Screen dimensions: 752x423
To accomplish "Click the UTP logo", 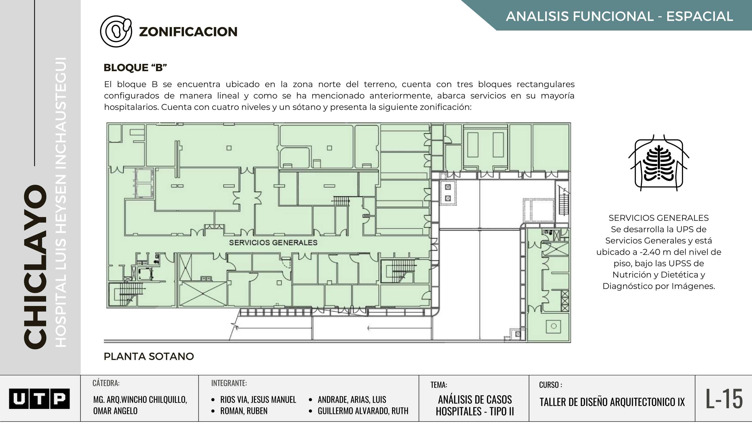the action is pyautogui.click(x=39, y=398).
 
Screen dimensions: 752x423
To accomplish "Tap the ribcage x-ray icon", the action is pyautogui.click(x=659, y=163).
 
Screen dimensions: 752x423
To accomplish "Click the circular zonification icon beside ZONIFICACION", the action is pyautogui.click(x=116, y=31).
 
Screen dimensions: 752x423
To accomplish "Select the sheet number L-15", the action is pyautogui.click(x=724, y=399).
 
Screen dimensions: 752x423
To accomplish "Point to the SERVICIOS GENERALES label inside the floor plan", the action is pyautogui.click(x=273, y=243).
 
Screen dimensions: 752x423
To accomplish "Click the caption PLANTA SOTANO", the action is pyautogui.click(x=149, y=356).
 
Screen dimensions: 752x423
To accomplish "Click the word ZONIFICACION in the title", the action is pyautogui.click(x=188, y=32).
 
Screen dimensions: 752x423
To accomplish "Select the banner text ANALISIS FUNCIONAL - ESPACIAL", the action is pyautogui.click(x=619, y=16).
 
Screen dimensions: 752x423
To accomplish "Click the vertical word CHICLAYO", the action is pyautogui.click(x=35, y=267).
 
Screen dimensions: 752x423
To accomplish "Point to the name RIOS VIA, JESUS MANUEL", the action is pyautogui.click(x=258, y=399).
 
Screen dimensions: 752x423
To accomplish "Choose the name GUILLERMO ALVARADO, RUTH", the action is pyautogui.click(x=363, y=411).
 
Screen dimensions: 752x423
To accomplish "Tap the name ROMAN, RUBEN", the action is pyautogui.click(x=244, y=411).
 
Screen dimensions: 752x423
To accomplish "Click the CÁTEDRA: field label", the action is pyautogui.click(x=106, y=383).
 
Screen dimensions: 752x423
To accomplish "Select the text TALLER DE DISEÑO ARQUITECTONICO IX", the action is pyautogui.click(x=612, y=402).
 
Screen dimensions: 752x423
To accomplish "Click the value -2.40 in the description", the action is pyautogui.click(x=650, y=252).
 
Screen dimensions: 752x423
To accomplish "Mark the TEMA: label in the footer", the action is pyautogui.click(x=439, y=385).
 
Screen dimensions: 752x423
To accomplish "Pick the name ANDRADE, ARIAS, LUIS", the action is pyautogui.click(x=352, y=399).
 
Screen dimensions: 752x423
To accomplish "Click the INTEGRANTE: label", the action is pyautogui.click(x=229, y=383).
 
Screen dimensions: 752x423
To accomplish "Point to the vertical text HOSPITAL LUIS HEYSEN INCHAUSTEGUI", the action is pyautogui.click(x=61, y=202).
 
